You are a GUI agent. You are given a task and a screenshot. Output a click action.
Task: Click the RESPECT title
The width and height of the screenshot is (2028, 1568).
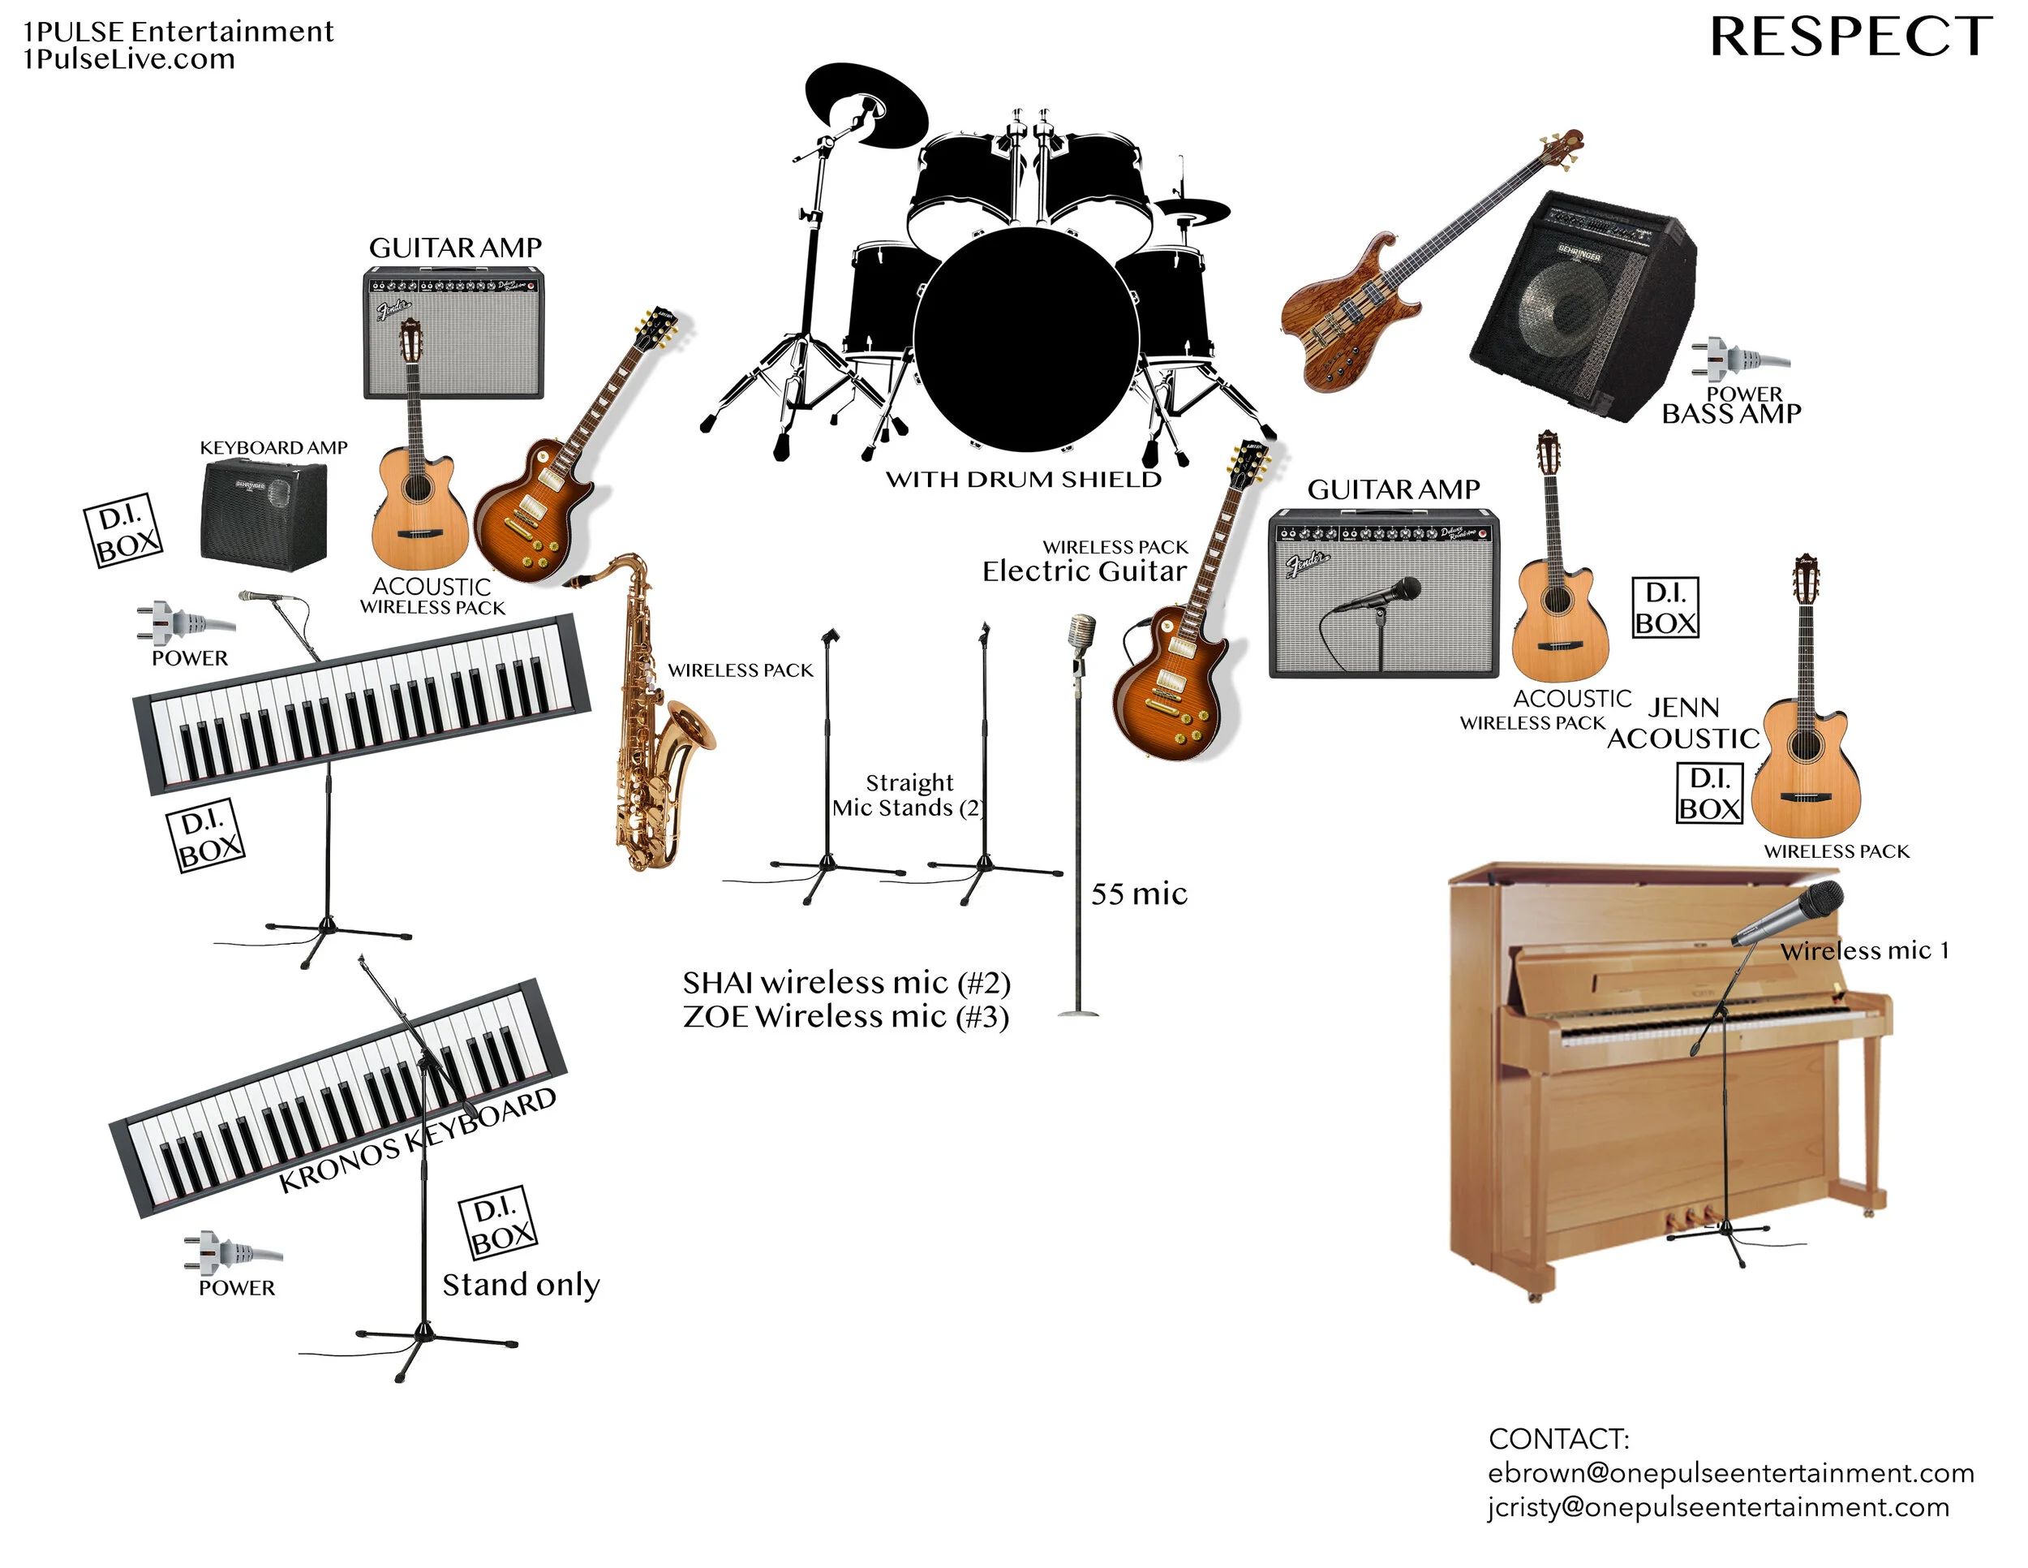point(1850,37)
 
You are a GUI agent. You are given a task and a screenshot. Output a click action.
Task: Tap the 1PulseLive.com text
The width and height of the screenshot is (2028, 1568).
point(129,59)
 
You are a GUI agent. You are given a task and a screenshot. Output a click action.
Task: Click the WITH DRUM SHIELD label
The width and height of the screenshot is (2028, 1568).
point(1023,480)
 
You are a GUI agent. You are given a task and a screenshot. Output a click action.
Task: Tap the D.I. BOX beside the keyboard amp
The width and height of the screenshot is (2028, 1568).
point(123,531)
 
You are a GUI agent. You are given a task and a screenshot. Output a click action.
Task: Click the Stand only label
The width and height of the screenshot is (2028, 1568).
point(521,1285)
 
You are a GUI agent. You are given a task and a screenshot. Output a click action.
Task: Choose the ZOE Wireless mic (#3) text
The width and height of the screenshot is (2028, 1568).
point(846,1017)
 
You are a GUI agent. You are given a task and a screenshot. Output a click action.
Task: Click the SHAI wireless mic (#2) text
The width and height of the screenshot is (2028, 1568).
point(846,983)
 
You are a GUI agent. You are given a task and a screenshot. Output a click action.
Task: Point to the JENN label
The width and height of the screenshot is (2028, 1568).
point(1683,708)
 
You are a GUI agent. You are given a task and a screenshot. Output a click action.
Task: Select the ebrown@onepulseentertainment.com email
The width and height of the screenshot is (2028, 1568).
point(1731,1473)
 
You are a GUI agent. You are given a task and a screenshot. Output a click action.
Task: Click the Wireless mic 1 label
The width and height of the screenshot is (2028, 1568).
point(1865,951)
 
